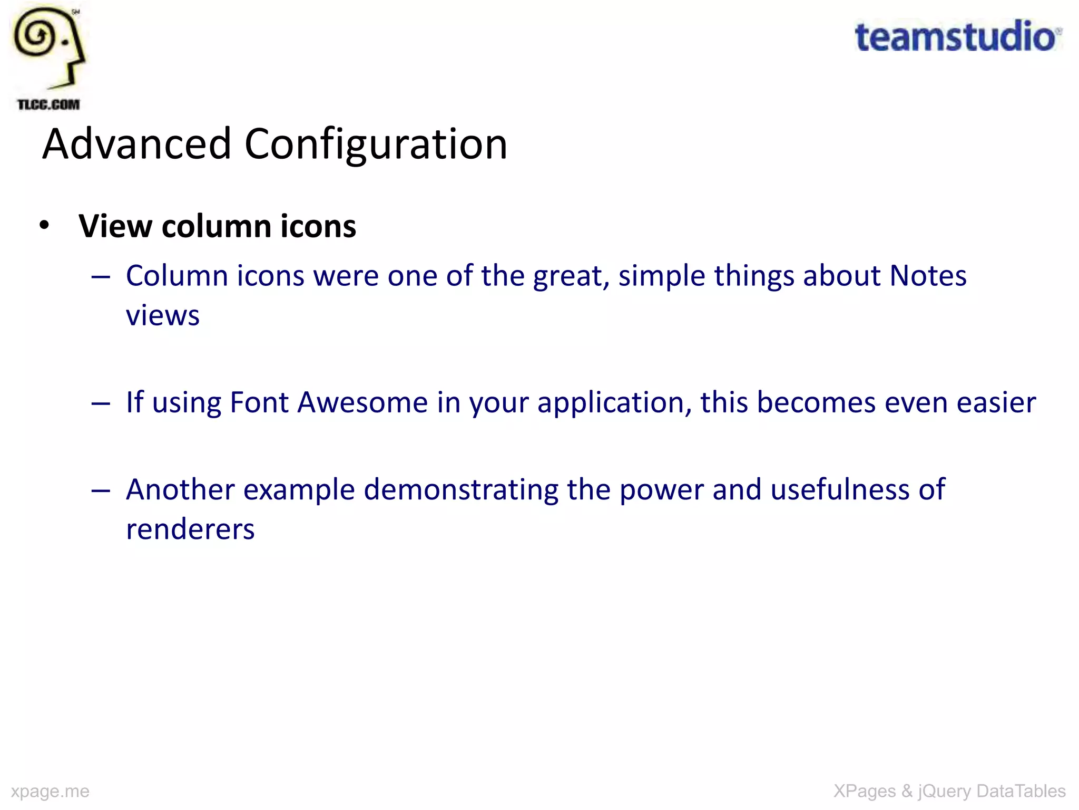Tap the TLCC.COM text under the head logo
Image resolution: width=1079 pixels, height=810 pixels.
[48, 104]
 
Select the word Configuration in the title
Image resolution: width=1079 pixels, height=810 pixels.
[376, 144]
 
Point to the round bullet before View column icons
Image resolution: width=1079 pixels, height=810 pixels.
[44, 225]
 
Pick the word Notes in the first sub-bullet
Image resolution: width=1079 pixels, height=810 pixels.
[928, 276]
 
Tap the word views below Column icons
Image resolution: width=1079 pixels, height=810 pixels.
[163, 315]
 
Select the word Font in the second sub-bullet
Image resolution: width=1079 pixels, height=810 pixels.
[259, 402]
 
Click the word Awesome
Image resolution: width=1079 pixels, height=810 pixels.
[362, 402]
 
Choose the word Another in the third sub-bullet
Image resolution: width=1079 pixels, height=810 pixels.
[180, 489]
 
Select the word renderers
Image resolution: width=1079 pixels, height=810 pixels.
[190, 529]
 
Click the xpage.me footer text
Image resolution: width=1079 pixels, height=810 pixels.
[50, 791]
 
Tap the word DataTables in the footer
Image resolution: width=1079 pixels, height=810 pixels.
[1021, 791]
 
